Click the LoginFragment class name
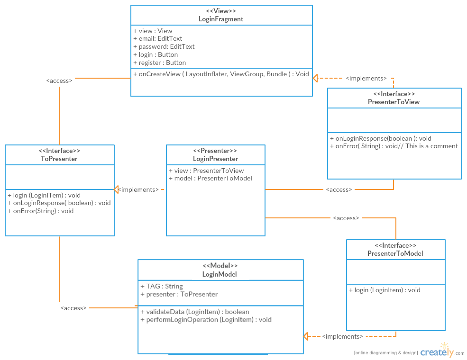click(221, 19)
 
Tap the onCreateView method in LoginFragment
click(221, 74)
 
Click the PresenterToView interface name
click(394, 102)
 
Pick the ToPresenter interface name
click(59, 159)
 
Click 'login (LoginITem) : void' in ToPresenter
click(44, 195)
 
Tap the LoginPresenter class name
click(215, 159)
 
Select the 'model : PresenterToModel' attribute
click(211, 179)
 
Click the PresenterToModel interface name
click(395, 253)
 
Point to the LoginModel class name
click(220, 274)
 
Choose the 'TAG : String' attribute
click(162, 286)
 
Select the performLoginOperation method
click(206, 320)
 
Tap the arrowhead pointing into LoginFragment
click(316, 78)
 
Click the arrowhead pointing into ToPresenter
click(117, 189)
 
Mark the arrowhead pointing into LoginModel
click(306, 336)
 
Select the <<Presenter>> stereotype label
click(215, 151)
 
